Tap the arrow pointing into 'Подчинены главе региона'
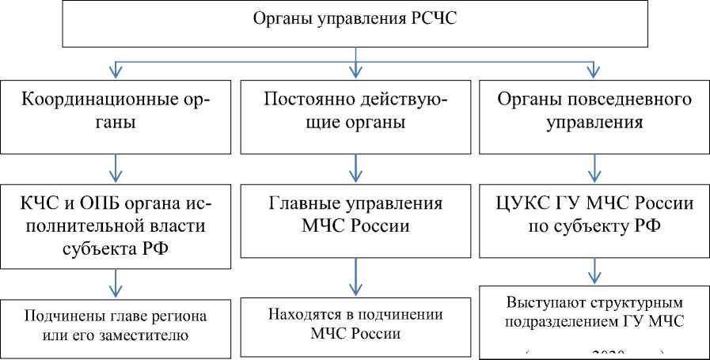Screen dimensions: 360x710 coord(117,282)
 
